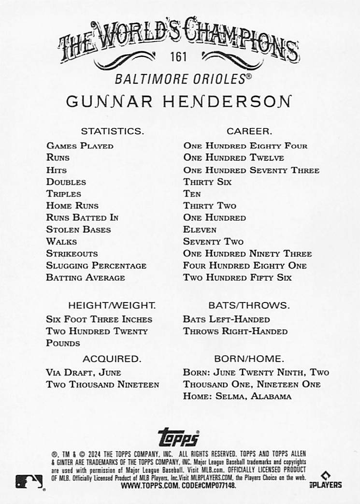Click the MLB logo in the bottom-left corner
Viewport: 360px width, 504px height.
click(x=29, y=481)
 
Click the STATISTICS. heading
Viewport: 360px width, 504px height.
click(x=112, y=131)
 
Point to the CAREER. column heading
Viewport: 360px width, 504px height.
click(x=249, y=131)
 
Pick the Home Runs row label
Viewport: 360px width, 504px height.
click(x=72, y=206)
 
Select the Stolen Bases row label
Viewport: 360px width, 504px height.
click(x=79, y=230)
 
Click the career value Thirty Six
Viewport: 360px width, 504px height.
click(x=207, y=182)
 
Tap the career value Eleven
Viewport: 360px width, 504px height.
click(x=200, y=230)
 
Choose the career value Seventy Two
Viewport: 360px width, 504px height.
click(x=213, y=242)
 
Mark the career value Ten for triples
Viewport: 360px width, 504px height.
click(x=192, y=194)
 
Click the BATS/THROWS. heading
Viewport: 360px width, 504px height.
click(x=249, y=305)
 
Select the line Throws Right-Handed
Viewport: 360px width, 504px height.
click(x=235, y=331)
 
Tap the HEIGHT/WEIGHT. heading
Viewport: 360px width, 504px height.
click(x=112, y=305)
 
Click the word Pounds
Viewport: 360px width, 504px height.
click(x=63, y=343)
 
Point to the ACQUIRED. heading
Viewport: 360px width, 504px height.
click(x=112, y=359)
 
